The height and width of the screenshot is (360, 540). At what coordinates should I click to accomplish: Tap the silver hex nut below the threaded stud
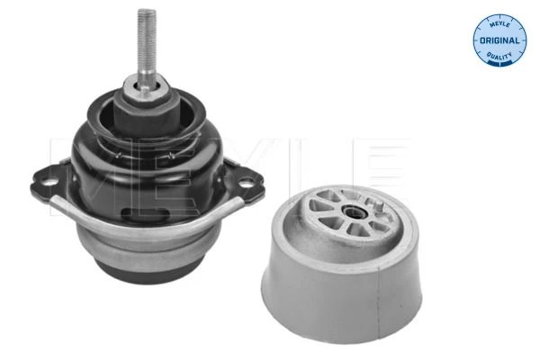click(146, 88)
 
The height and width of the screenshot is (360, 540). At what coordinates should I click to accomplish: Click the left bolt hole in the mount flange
click(50, 182)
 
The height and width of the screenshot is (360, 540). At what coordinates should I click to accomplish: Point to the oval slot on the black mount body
click(145, 214)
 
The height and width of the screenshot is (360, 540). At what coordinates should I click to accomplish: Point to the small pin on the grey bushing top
click(379, 207)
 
